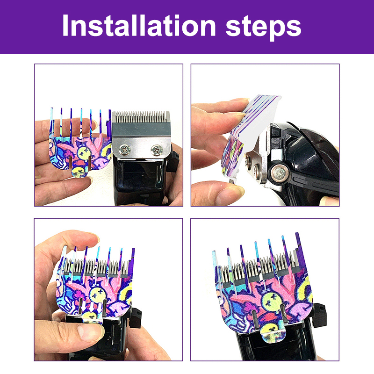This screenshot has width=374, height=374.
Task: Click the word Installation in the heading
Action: (139, 25)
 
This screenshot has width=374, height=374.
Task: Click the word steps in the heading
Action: (263, 27)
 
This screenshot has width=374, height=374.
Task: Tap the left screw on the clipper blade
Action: (125, 150)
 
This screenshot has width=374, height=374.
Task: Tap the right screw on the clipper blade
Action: (157, 150)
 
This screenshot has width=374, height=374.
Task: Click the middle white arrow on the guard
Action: (92, 307)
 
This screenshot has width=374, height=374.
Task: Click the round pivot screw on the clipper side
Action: (278, 171)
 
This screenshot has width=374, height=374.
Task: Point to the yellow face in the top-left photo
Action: (84, 152)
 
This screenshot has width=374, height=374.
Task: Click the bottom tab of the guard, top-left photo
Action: (80, 172)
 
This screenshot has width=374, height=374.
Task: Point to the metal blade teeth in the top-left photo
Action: (141, 117)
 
